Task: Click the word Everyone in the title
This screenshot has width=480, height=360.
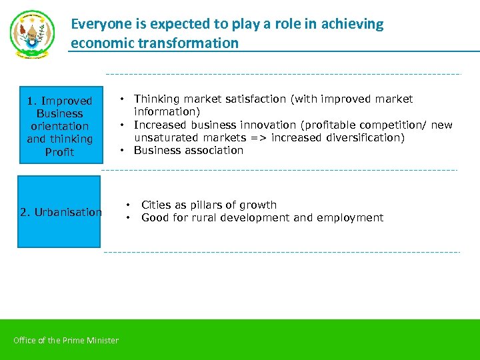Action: (99, 25)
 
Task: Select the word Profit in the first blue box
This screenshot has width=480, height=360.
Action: (59, 152)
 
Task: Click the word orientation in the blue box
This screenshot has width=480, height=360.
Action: (59, 126)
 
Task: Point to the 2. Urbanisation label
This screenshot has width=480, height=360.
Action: (61, 212)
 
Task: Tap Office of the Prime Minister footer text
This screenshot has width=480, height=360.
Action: (66, 341)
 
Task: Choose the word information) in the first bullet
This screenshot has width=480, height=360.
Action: (167, 112)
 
